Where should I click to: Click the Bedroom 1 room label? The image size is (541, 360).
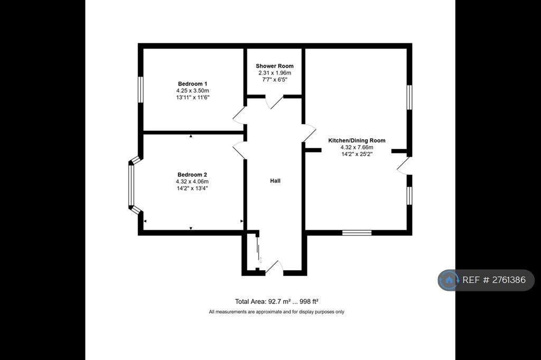[192, 84]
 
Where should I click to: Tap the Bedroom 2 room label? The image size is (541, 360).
[192, 175]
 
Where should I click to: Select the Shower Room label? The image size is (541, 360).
[275, 66]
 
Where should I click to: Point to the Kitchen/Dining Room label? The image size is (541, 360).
[357, 140]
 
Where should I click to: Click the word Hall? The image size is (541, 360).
[275, 181]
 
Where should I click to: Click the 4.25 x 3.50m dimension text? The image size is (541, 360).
[192, 91]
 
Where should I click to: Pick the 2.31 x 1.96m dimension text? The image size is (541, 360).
[275, 73]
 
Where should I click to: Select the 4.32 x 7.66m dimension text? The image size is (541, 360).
[357, 147]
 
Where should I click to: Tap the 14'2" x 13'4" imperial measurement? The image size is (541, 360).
[192, 188]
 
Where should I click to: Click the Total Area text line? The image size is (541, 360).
[276, 301]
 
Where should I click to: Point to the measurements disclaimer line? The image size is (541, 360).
[276, 312]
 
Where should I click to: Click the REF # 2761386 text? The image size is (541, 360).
[494, 280]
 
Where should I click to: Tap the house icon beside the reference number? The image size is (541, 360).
[449, 280]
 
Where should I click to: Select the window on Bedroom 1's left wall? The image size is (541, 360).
[141, 90]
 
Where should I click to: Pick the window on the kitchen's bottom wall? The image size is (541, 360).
[357, 233]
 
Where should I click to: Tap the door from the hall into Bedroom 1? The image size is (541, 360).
[239, 116]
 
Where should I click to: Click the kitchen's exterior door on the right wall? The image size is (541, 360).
[403, 166]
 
